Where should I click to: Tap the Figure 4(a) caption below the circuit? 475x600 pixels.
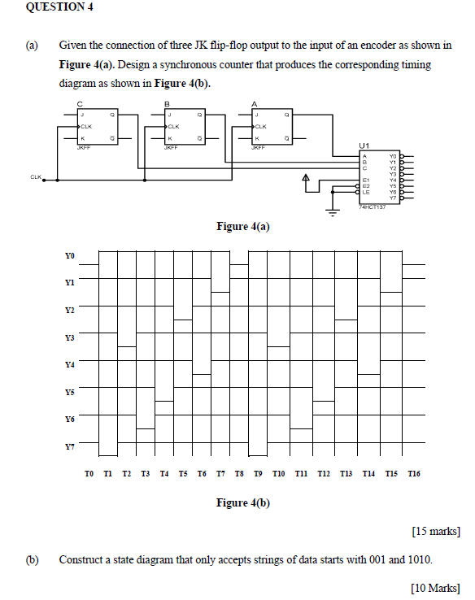[242, 226]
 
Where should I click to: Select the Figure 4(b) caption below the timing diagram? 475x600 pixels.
[242, 502]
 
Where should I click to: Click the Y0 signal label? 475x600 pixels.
[69, 256]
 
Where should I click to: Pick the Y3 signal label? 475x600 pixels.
[69, 337]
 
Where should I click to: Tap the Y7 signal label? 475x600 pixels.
[69, 446]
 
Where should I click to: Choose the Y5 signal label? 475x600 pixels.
[69, 392]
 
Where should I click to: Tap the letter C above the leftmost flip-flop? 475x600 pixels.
[80, 104]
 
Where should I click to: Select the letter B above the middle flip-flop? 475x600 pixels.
[167, 104]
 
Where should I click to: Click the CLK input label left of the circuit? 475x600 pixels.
[36, 176]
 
